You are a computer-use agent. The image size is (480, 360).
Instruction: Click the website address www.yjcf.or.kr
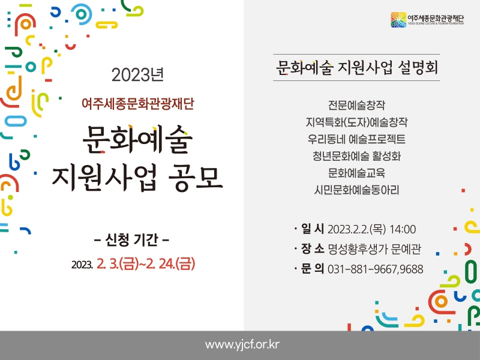pos(242,344)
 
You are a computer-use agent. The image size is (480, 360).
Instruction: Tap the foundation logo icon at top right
pos(398,20)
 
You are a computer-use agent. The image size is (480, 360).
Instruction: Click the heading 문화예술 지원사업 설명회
pos(356,67)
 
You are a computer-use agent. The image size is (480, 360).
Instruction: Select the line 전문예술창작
pos(356,105)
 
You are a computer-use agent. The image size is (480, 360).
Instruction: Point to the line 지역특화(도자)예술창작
pos(356,122)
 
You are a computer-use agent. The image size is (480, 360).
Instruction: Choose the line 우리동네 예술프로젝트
pos(356,139)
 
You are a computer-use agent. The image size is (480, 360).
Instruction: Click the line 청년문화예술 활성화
pos(356,156)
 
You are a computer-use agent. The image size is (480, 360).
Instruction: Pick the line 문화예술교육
pos(356,173)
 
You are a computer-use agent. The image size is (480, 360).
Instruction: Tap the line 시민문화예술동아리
pos(356,190)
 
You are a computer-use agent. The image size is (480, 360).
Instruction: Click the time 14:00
pos(403,229)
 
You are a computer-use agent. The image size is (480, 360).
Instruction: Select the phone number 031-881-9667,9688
pos(376,269)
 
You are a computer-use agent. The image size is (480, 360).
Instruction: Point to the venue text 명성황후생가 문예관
pos(374,249)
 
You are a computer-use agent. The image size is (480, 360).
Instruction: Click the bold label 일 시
pos(312,229)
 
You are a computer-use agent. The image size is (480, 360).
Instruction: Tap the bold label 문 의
pos(312,268)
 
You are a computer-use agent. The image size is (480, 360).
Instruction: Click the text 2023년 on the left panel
pos(137,74)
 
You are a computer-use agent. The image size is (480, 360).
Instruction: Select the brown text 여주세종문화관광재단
pos(138,103)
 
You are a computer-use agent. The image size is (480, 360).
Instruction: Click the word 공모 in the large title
pos(196,178)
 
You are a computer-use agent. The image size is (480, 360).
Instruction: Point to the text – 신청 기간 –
pos(131,239)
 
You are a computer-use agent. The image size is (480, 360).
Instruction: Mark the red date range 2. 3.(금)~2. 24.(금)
pos(146,264)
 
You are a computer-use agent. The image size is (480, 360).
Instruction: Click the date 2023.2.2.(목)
pos(356,229)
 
